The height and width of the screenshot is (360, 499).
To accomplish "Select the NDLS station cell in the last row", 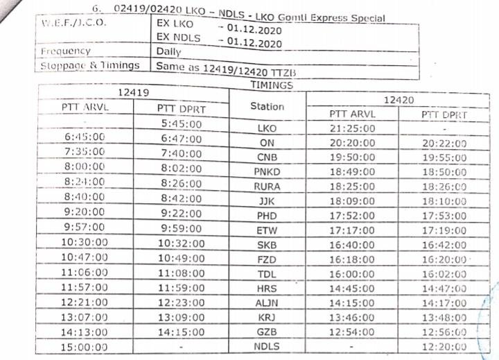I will tap(267, 346).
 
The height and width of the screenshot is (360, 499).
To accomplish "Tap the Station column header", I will tap(267, 106).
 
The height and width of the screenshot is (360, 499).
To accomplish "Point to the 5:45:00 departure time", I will tap(180, 124).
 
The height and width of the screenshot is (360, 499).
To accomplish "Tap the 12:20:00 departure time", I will tap(444, 346).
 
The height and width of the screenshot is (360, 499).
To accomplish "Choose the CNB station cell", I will tap(267, 157).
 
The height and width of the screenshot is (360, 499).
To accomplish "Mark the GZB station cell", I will tap(267, 332).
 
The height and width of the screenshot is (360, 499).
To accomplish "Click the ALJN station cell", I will tap(267, 302).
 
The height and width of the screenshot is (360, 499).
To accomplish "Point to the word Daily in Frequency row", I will tap(169, 51).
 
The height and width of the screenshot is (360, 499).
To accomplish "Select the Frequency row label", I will tap(65, 51).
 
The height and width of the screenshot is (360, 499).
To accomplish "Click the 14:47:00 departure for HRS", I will tap(444, 288).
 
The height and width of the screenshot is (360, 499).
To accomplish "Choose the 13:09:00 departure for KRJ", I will tap(180, 316).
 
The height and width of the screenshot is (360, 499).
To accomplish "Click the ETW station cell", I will tap(267, 230).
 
